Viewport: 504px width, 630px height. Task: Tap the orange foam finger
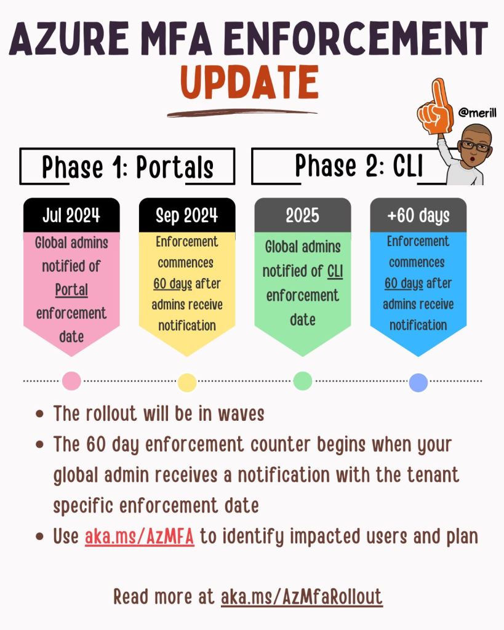436,107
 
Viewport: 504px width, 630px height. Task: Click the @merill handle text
477,113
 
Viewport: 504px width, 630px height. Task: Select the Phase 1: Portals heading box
127,166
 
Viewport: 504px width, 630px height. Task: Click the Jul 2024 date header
71,215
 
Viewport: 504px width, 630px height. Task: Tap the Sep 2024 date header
187,215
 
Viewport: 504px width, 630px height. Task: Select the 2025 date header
303,215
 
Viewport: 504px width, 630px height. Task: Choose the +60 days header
418,215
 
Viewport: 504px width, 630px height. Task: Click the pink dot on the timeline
71,381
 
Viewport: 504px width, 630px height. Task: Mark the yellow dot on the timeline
187,382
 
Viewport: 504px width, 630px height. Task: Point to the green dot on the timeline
303,381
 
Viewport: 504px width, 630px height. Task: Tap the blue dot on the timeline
418,382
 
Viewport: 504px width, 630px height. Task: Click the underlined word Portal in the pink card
71,290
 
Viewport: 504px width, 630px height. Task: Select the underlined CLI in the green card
335,271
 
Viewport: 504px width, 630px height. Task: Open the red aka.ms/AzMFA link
140,536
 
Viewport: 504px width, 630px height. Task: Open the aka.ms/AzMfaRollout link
302,597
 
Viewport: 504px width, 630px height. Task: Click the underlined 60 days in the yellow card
173,284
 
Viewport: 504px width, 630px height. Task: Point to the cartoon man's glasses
476,145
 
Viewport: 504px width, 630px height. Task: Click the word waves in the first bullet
241,414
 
